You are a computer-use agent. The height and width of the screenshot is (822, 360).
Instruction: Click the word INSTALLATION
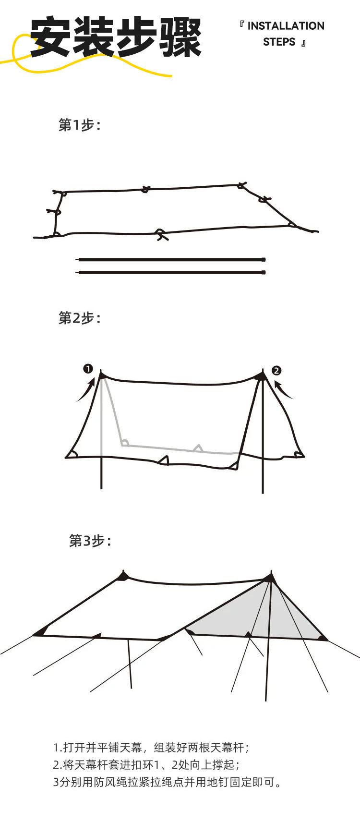tap(286, 26)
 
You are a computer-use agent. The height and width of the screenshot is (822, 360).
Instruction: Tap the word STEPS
tap(279, 42)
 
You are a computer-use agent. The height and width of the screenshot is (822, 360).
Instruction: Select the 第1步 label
tap(79, 125)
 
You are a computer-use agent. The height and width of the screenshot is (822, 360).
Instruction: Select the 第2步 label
tap(79, 318)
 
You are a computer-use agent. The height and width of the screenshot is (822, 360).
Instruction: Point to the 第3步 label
tap(90, 541)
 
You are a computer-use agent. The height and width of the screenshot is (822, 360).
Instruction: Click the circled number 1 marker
tap(88, 369)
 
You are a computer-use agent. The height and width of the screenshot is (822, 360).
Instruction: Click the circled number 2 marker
tap(276, 370)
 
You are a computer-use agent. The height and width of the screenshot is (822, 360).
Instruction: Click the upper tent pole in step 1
tap(171, 260)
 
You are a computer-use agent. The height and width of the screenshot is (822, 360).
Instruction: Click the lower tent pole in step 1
tap(171, 273)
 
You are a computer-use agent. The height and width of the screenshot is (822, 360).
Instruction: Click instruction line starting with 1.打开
tap(151, 748)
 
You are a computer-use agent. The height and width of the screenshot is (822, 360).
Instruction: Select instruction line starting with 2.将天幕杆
tap(146, 764)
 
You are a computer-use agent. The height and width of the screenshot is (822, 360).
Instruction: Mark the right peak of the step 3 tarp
tap(270, 577)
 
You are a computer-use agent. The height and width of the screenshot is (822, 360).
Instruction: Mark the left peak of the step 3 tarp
tap(124, 575)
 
